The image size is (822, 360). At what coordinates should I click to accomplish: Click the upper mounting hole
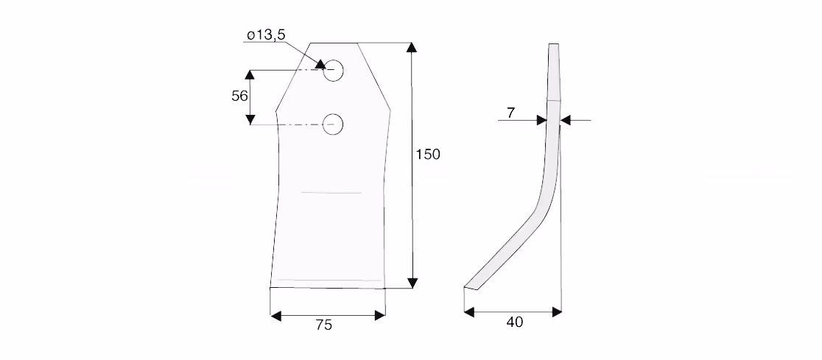(x=333, y=71)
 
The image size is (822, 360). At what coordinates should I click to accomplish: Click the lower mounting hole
(x=332, y=124)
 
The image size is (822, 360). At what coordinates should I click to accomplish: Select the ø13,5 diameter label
(x=266, y=35)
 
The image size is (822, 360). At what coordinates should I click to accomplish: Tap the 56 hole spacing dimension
(x=239, y=96)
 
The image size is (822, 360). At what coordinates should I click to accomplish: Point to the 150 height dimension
(x=428, y=155)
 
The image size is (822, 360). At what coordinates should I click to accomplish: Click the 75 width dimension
(x=324, y=325)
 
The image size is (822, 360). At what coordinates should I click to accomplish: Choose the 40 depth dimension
(x=514, y=322)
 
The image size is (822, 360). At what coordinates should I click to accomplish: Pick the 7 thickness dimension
(x=511, y=113)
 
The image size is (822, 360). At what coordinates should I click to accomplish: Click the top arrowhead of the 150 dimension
(x=412, y=47)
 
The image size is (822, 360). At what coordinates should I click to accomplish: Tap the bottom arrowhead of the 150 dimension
(x=412, y=283)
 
